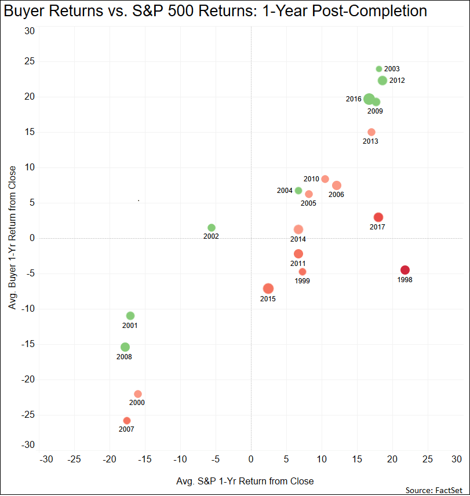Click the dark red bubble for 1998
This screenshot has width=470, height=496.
[x=405, y=270]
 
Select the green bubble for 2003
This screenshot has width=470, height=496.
[x=379, y=69]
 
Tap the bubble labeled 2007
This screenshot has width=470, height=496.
[x=127, y=421]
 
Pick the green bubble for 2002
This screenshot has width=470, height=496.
[x=212, y=228]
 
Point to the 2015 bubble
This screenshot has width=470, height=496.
[x=268, y=289]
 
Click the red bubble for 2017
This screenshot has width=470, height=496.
[x=378, y=217]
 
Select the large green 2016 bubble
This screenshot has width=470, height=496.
[x=369, y=99]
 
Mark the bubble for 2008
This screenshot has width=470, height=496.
[x=125, y=347]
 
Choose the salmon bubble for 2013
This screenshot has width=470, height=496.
[x=371, y=132]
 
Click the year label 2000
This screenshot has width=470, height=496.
[x=137, y=403]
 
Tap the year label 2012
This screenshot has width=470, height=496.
[x=397, y=81]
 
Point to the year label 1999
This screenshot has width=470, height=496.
[x=302, y=281]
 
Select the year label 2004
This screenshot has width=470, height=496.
[x=285, y=191]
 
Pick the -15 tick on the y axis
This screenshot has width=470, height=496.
[x=28, y=344]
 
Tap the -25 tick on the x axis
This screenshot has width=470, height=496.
[x=73, y=459]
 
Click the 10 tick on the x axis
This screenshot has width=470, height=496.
[x=322, y=459]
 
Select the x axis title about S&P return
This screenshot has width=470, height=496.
[x=245, y=481]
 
